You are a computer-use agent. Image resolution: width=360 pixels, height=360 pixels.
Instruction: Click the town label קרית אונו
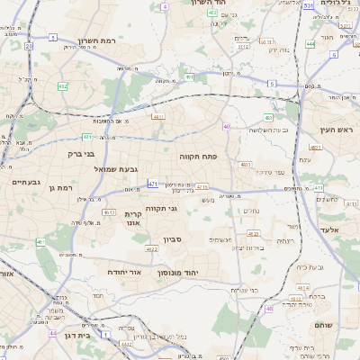pos(133,218)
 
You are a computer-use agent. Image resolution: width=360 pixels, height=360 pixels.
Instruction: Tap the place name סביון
pos(173,239)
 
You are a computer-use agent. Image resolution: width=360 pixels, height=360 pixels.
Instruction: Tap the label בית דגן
pos(80,335)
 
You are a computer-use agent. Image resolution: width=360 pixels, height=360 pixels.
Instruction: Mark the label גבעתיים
pos(24,182)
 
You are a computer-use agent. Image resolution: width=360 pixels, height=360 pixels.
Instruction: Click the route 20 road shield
pos(29,45)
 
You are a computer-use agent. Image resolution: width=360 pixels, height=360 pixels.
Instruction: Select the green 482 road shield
pos(63,86)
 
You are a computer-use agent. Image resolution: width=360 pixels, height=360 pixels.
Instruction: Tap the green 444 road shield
pos(310,43)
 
